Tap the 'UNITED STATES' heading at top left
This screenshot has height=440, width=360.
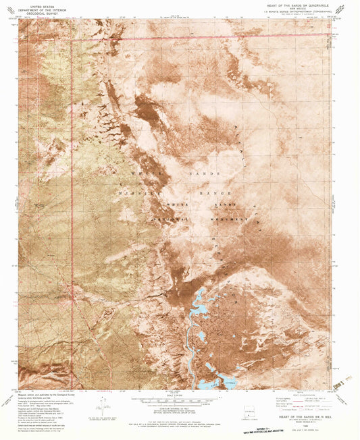(x=38, y=5)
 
